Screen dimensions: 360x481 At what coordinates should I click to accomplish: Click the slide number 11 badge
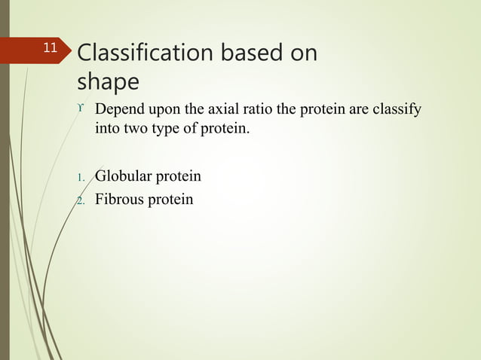coord(50,49)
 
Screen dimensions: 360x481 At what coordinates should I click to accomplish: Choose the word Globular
coord(123,177)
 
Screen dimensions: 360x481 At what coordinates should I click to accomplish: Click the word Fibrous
coord(120,200)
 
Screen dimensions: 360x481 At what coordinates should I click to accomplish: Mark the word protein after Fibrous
coord(171,201)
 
